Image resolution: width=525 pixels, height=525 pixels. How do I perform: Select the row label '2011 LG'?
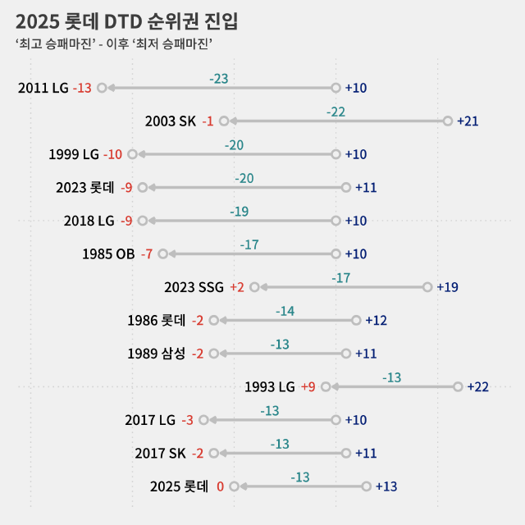point(43,88)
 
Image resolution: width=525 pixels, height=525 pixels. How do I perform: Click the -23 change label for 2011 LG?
point(219,79)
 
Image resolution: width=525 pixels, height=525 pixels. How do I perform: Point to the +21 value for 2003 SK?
point(468,121)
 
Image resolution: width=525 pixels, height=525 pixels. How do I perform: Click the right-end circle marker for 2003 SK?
point(447,121)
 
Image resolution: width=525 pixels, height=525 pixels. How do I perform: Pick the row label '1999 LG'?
point(74,154)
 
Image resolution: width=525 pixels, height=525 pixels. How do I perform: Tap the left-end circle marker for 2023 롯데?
point(142,187)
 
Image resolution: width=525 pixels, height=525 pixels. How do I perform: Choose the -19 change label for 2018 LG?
point(239,212)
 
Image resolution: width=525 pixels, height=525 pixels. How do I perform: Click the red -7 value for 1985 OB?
point(147,254)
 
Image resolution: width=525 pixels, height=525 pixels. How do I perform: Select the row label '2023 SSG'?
point(194,287)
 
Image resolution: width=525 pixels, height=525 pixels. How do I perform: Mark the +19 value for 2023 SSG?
point(448,287)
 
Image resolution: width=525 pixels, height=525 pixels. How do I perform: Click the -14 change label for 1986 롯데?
point(285,312)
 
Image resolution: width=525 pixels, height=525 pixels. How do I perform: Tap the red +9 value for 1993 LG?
point(308,387)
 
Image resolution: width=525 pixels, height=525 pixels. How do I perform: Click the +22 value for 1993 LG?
point(478,387)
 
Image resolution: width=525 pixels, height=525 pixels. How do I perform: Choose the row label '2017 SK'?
point(160,454)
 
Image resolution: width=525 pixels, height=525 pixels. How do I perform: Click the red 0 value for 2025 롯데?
point(220,486)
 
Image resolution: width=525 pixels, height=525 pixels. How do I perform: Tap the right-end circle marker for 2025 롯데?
point(366,486)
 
